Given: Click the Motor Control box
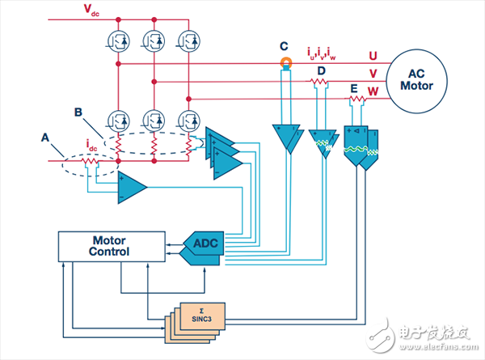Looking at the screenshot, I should (110, 247).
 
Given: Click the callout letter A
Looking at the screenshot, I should (45, 137).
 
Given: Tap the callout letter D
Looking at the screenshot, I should (321, 72).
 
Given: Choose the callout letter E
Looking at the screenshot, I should (354, 88).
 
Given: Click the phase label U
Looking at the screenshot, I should (373, 55).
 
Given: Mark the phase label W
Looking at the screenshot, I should (373, 90).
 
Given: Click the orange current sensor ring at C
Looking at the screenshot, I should (285, 62).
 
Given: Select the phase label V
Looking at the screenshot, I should (373, 73).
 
